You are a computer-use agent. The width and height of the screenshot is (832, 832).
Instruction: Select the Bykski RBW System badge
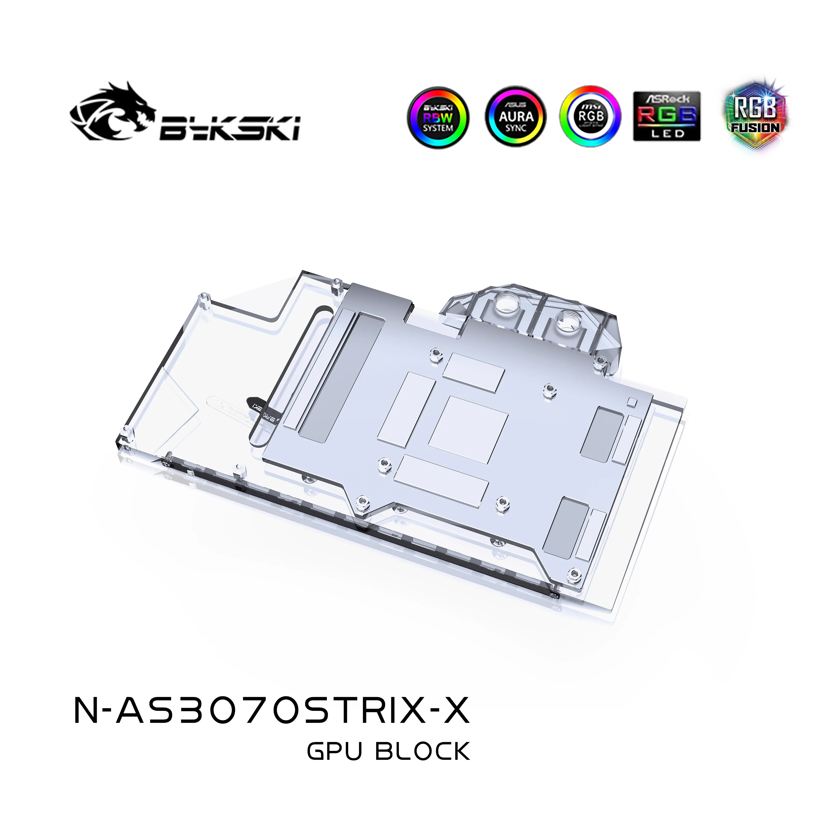438,117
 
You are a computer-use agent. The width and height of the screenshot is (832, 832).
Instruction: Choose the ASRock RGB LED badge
667,116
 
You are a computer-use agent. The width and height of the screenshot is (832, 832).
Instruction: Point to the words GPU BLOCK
388,764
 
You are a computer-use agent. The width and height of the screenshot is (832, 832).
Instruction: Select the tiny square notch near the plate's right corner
632,402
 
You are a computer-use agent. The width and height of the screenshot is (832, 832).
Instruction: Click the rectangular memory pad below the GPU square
441,478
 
